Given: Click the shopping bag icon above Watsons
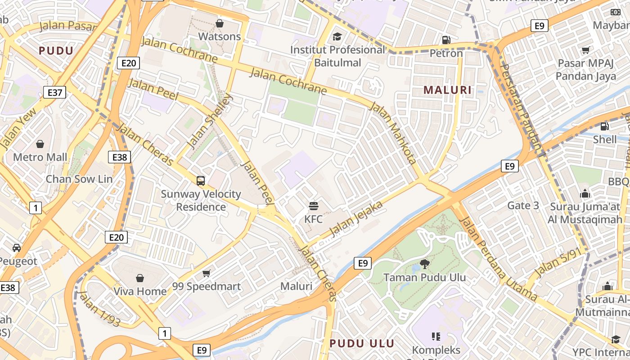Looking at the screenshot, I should point(220,23).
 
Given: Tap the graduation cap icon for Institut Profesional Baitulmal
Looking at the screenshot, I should point(337,36).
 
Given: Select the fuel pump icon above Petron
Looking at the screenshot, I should point(446,40).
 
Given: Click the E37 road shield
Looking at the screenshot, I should point(55,93).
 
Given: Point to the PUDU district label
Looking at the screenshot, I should point(56,50).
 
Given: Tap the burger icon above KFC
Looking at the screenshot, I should point(314,206).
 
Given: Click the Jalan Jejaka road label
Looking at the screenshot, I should point(357,219).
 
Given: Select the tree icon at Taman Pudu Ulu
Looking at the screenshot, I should point(424,264).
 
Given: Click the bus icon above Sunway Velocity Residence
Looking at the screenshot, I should point(201,181).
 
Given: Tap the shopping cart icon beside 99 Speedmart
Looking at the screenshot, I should point(207,273).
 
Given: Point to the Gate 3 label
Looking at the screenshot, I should point(523,206).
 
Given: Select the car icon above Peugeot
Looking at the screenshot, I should point(17,248).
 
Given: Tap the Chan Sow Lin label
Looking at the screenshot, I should point(79,179).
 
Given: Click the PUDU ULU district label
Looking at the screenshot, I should point(362,343).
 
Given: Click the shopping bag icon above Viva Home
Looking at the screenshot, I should point(140,278).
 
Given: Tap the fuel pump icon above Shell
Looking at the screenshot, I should point(605,126).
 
